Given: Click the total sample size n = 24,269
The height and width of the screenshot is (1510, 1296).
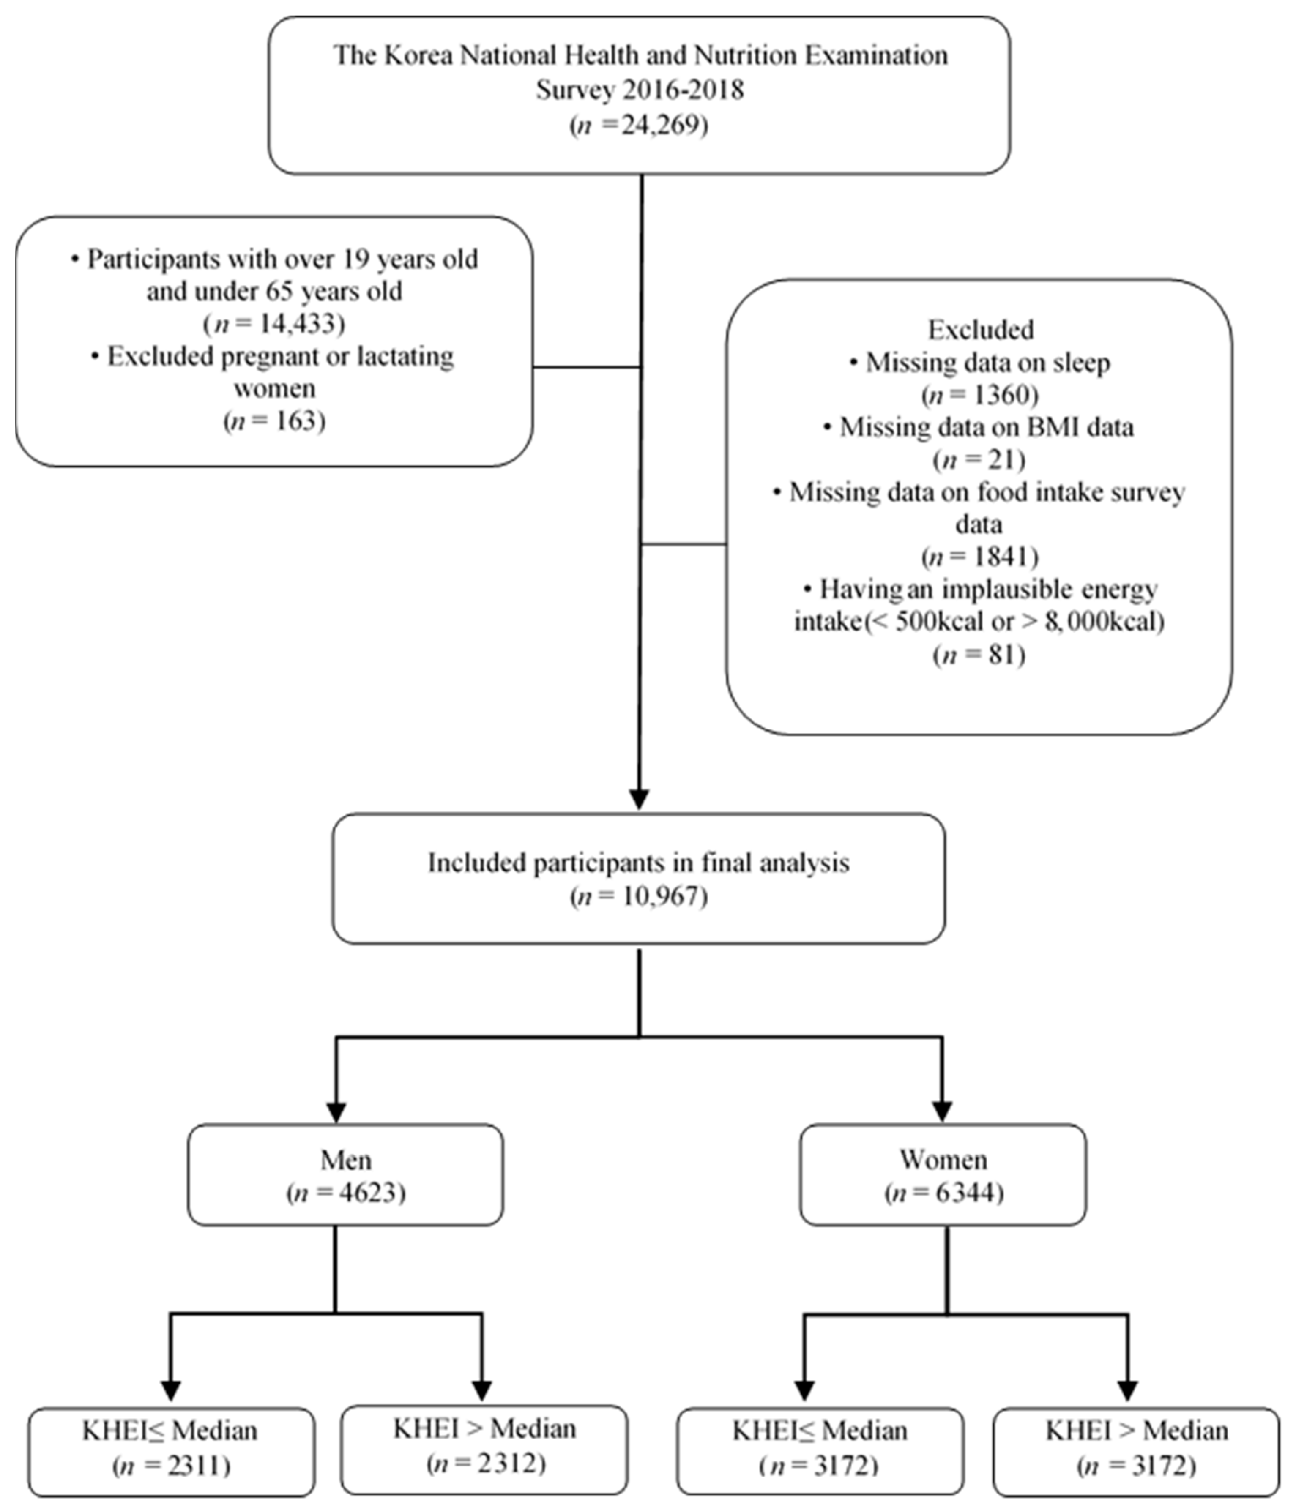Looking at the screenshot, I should pyautogui.click(x=639, y=126).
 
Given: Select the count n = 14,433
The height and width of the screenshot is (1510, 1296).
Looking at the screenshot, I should pyautogui.click(x=274, y=323).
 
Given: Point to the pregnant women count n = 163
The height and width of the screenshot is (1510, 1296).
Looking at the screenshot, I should pyautogui.click(x=274, y=421).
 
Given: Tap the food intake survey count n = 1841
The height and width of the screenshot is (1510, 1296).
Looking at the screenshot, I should pyautogui.click(x=980, y=556).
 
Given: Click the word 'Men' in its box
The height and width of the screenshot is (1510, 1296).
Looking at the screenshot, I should pyautogui.click(x=345, y=1160).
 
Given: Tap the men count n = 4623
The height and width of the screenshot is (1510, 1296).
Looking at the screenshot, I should pyautogui.click(x=345, y=1193).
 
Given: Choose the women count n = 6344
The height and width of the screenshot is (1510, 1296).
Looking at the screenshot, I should pyautogui.click(x=943, y=1193).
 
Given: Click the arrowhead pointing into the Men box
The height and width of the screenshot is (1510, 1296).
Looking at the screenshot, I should pyautogui.click(x=336, y=1111).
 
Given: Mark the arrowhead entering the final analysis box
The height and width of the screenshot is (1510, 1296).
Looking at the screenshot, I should pyautogui.click(x=639, y=799).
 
